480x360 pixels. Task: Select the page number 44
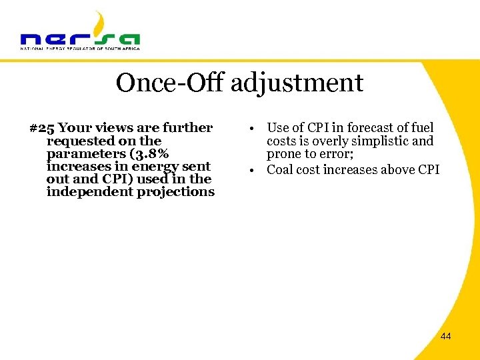tap(445, 336)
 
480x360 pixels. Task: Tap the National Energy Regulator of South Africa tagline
tap(80, 48)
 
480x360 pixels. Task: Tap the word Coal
tap(280, 169)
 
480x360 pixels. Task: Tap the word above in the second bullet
tap(397, 169)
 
